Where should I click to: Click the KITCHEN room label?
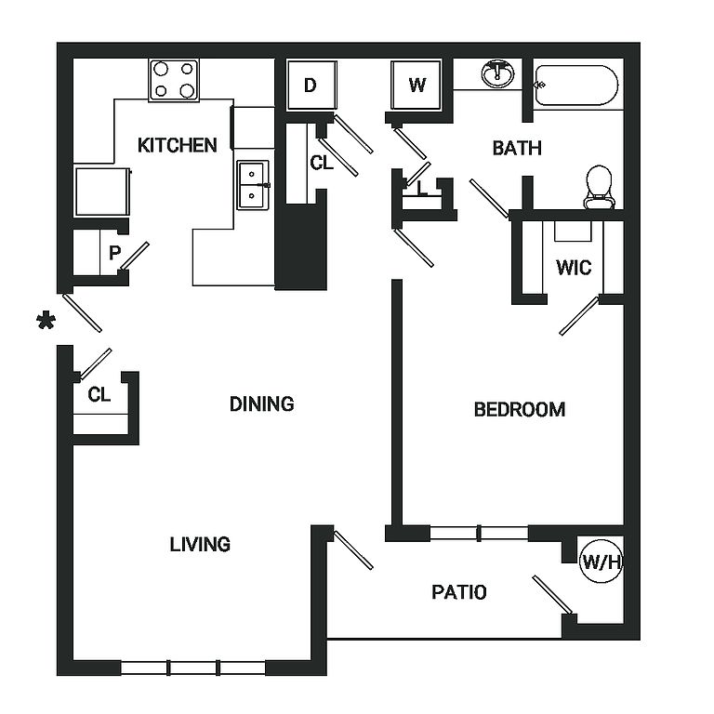(178, 145)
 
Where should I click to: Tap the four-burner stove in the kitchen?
(174, 80)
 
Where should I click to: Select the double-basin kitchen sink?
(253, 185)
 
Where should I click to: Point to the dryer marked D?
(312, 86)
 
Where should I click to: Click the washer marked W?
(416, 86)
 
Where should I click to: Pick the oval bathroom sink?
(497, 73)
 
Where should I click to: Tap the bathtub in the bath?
(576, 86)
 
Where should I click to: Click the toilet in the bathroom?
(599, 187)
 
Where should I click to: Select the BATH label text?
(517, 148)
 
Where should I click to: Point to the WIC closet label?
(574, 268)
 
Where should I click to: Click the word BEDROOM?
(520, 409)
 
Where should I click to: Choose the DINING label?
(262, 403)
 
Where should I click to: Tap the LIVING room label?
(200, 544)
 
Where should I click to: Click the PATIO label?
(459, 592)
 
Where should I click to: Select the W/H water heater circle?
(602, 562)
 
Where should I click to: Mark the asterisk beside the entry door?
(46, 320)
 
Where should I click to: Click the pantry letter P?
(114, 253)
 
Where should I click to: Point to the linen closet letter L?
(422, 188)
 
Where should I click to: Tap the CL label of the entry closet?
(99, 394)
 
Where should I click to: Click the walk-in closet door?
(579, 315)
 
